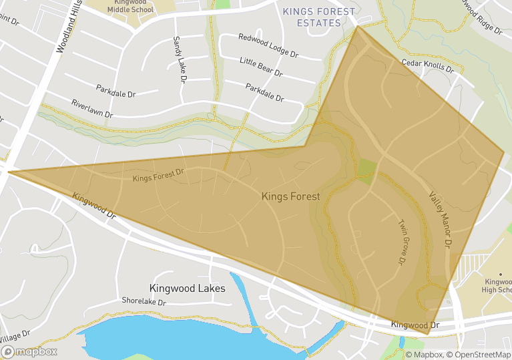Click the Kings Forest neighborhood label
[x=290, y=196]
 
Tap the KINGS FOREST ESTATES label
[x=320, y=17]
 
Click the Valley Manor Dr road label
[x=441, y=220]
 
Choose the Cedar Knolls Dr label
[x=428, y=65]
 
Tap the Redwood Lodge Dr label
[x=268, y=46]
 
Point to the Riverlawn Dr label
[x=92, y=110]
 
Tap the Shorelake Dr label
[x=143, y=301]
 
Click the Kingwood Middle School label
[x=130, y=6]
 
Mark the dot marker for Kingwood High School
[x=500, y=274]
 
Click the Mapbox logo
[x=29, y=351]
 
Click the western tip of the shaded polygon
[x=9, y=172]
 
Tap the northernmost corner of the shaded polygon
[x=357, y=26]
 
